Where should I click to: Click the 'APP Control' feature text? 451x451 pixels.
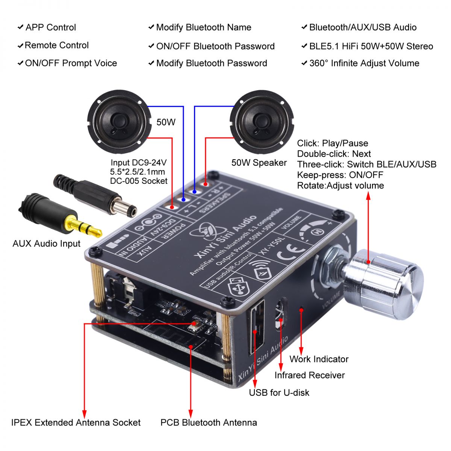[50, 27]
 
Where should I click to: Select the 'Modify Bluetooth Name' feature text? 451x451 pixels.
[203, 27]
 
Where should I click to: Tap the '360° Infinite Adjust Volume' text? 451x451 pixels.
[364, 63]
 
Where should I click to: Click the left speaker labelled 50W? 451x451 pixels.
[120, 122]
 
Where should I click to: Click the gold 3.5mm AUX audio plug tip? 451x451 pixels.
[85, 227]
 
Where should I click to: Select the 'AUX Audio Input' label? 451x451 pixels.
[46, 244]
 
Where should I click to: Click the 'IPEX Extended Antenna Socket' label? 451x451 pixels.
[76, 422]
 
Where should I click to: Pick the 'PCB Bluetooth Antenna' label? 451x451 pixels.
[209, 422]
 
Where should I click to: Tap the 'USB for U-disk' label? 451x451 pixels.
[279, 392]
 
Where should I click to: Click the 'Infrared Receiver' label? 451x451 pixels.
[309, 375]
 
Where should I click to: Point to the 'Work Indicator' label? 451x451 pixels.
[319, 359]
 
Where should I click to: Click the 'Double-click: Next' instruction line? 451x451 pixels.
[334, 154]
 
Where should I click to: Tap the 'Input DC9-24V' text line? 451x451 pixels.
[138, 163]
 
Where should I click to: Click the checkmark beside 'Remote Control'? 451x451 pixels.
[20, 46]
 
